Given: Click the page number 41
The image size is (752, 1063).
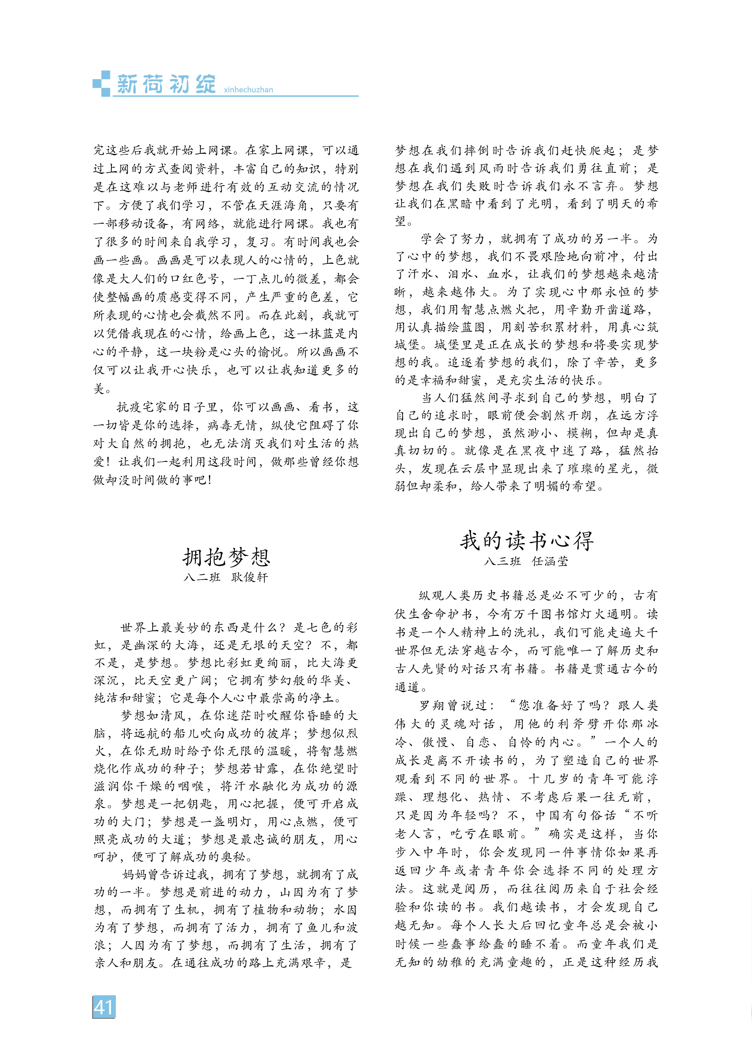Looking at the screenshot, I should click(x=103, y=1007).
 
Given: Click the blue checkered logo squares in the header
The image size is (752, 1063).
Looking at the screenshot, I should click(x=102, y=83).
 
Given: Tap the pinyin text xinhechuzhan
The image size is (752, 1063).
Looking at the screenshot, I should click(x=248, y=90).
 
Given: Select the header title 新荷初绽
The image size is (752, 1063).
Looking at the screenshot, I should click(x=166, y=84).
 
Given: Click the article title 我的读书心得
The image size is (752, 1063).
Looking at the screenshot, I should click(x=527, y=540).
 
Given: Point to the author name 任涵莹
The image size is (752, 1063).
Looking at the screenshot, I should click(x=550, y=561).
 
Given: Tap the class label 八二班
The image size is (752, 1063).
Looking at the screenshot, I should click(x=202, y=577).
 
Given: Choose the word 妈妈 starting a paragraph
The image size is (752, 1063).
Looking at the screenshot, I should click(x=135, y=874).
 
